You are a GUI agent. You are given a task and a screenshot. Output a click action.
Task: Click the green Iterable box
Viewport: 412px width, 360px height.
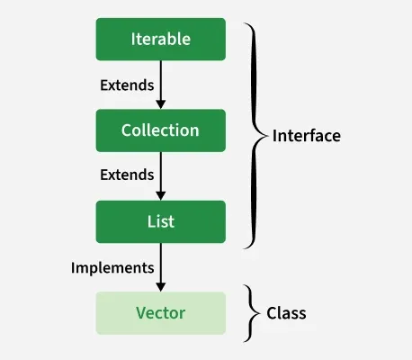(x=160, y=40)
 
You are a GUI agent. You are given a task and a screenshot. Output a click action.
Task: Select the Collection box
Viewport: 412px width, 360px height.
(x=160, y=130)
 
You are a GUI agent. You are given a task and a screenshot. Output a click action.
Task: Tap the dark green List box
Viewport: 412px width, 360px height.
(x=160, y=222)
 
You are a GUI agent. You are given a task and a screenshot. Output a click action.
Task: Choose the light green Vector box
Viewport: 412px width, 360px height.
(x=160, y=313)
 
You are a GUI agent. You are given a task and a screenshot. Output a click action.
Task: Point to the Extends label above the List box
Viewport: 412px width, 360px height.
(x=126, y=175)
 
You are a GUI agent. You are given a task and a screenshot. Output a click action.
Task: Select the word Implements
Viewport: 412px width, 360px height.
(x=112, y=267)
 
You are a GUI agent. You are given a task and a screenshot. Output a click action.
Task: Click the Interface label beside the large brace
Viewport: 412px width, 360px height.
(x=307, y=136)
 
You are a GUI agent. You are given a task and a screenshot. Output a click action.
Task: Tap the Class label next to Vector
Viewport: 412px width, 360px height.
(x=286, y=313)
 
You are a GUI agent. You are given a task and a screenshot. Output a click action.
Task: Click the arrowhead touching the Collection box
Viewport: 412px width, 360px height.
(x=160, y=103)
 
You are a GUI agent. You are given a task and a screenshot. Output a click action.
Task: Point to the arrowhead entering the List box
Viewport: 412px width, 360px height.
(x=160, y=195)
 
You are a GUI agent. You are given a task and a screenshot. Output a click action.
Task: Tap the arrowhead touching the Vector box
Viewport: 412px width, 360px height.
(x=160, y=286)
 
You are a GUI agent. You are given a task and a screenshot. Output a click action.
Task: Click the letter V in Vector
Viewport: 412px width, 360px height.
(x=140, y=313)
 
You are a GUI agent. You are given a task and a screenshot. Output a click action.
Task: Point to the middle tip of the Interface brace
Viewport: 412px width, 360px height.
(x=267, y=136)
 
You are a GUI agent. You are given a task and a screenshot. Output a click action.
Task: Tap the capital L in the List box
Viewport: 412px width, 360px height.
(x=150, y=222)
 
